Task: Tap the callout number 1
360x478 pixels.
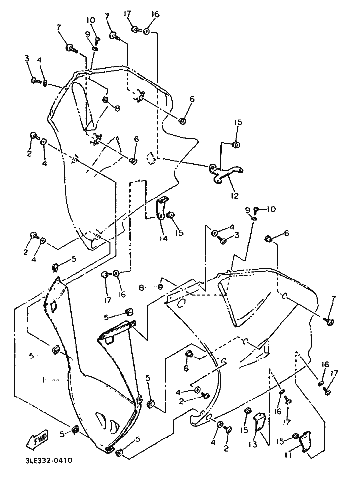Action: point(44,380)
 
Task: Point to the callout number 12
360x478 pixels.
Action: point(235,196)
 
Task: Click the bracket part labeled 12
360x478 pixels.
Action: point(225,173)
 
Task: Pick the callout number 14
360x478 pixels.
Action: point(163,239)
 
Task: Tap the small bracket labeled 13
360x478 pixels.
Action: point(260,422)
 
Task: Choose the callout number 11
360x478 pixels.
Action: point(288,455)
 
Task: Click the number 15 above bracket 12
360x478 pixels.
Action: point(239,122)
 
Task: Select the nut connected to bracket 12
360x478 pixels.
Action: point(236,145)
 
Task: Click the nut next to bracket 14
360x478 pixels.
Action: point(171,215)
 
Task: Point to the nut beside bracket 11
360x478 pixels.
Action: point(295,436)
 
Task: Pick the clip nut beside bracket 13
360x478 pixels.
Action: point(247,412)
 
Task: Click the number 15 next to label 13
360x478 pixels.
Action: point(244,430)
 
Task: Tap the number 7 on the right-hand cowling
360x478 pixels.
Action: point(333,299)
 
